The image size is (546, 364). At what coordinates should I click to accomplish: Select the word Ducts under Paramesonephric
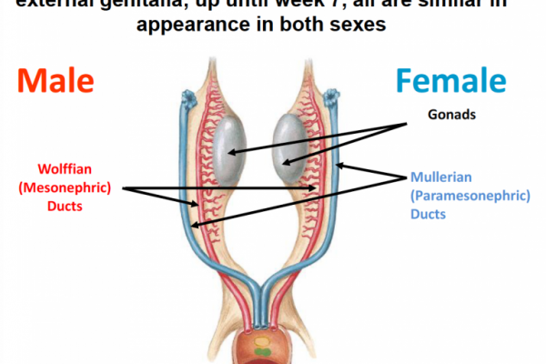pos(428,215)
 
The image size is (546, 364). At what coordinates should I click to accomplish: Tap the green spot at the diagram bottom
pos(261,349)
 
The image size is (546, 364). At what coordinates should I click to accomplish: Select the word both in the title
pos(307,25)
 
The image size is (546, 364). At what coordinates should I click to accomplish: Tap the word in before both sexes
pos(268,25)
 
